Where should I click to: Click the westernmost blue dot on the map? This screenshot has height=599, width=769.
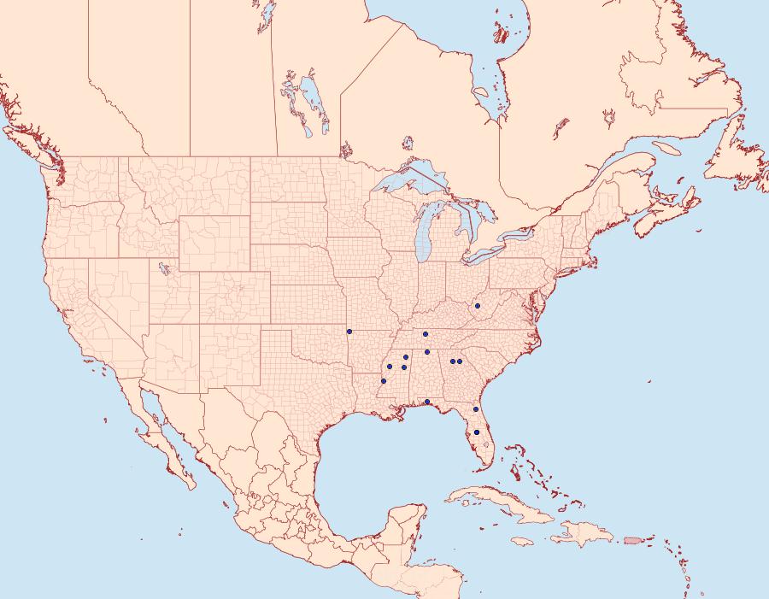pos(349,332)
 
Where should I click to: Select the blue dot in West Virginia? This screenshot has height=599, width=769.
pos(478,305)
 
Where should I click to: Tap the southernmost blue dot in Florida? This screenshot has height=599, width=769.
pos(477,432)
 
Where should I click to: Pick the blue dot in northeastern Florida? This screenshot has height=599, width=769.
pos(476,410)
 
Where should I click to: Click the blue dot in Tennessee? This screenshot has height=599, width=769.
pos(425,334)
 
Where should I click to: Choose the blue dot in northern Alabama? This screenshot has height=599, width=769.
pos(427,352)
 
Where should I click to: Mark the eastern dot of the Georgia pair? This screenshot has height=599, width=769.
pos(461,361)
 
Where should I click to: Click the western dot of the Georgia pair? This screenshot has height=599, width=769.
pos(452,361)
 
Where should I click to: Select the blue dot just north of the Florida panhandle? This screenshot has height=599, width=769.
pos(426,402)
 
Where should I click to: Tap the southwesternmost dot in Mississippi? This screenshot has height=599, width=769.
pos(384,381)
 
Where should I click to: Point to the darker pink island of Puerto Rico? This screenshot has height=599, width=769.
pos(632,539)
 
